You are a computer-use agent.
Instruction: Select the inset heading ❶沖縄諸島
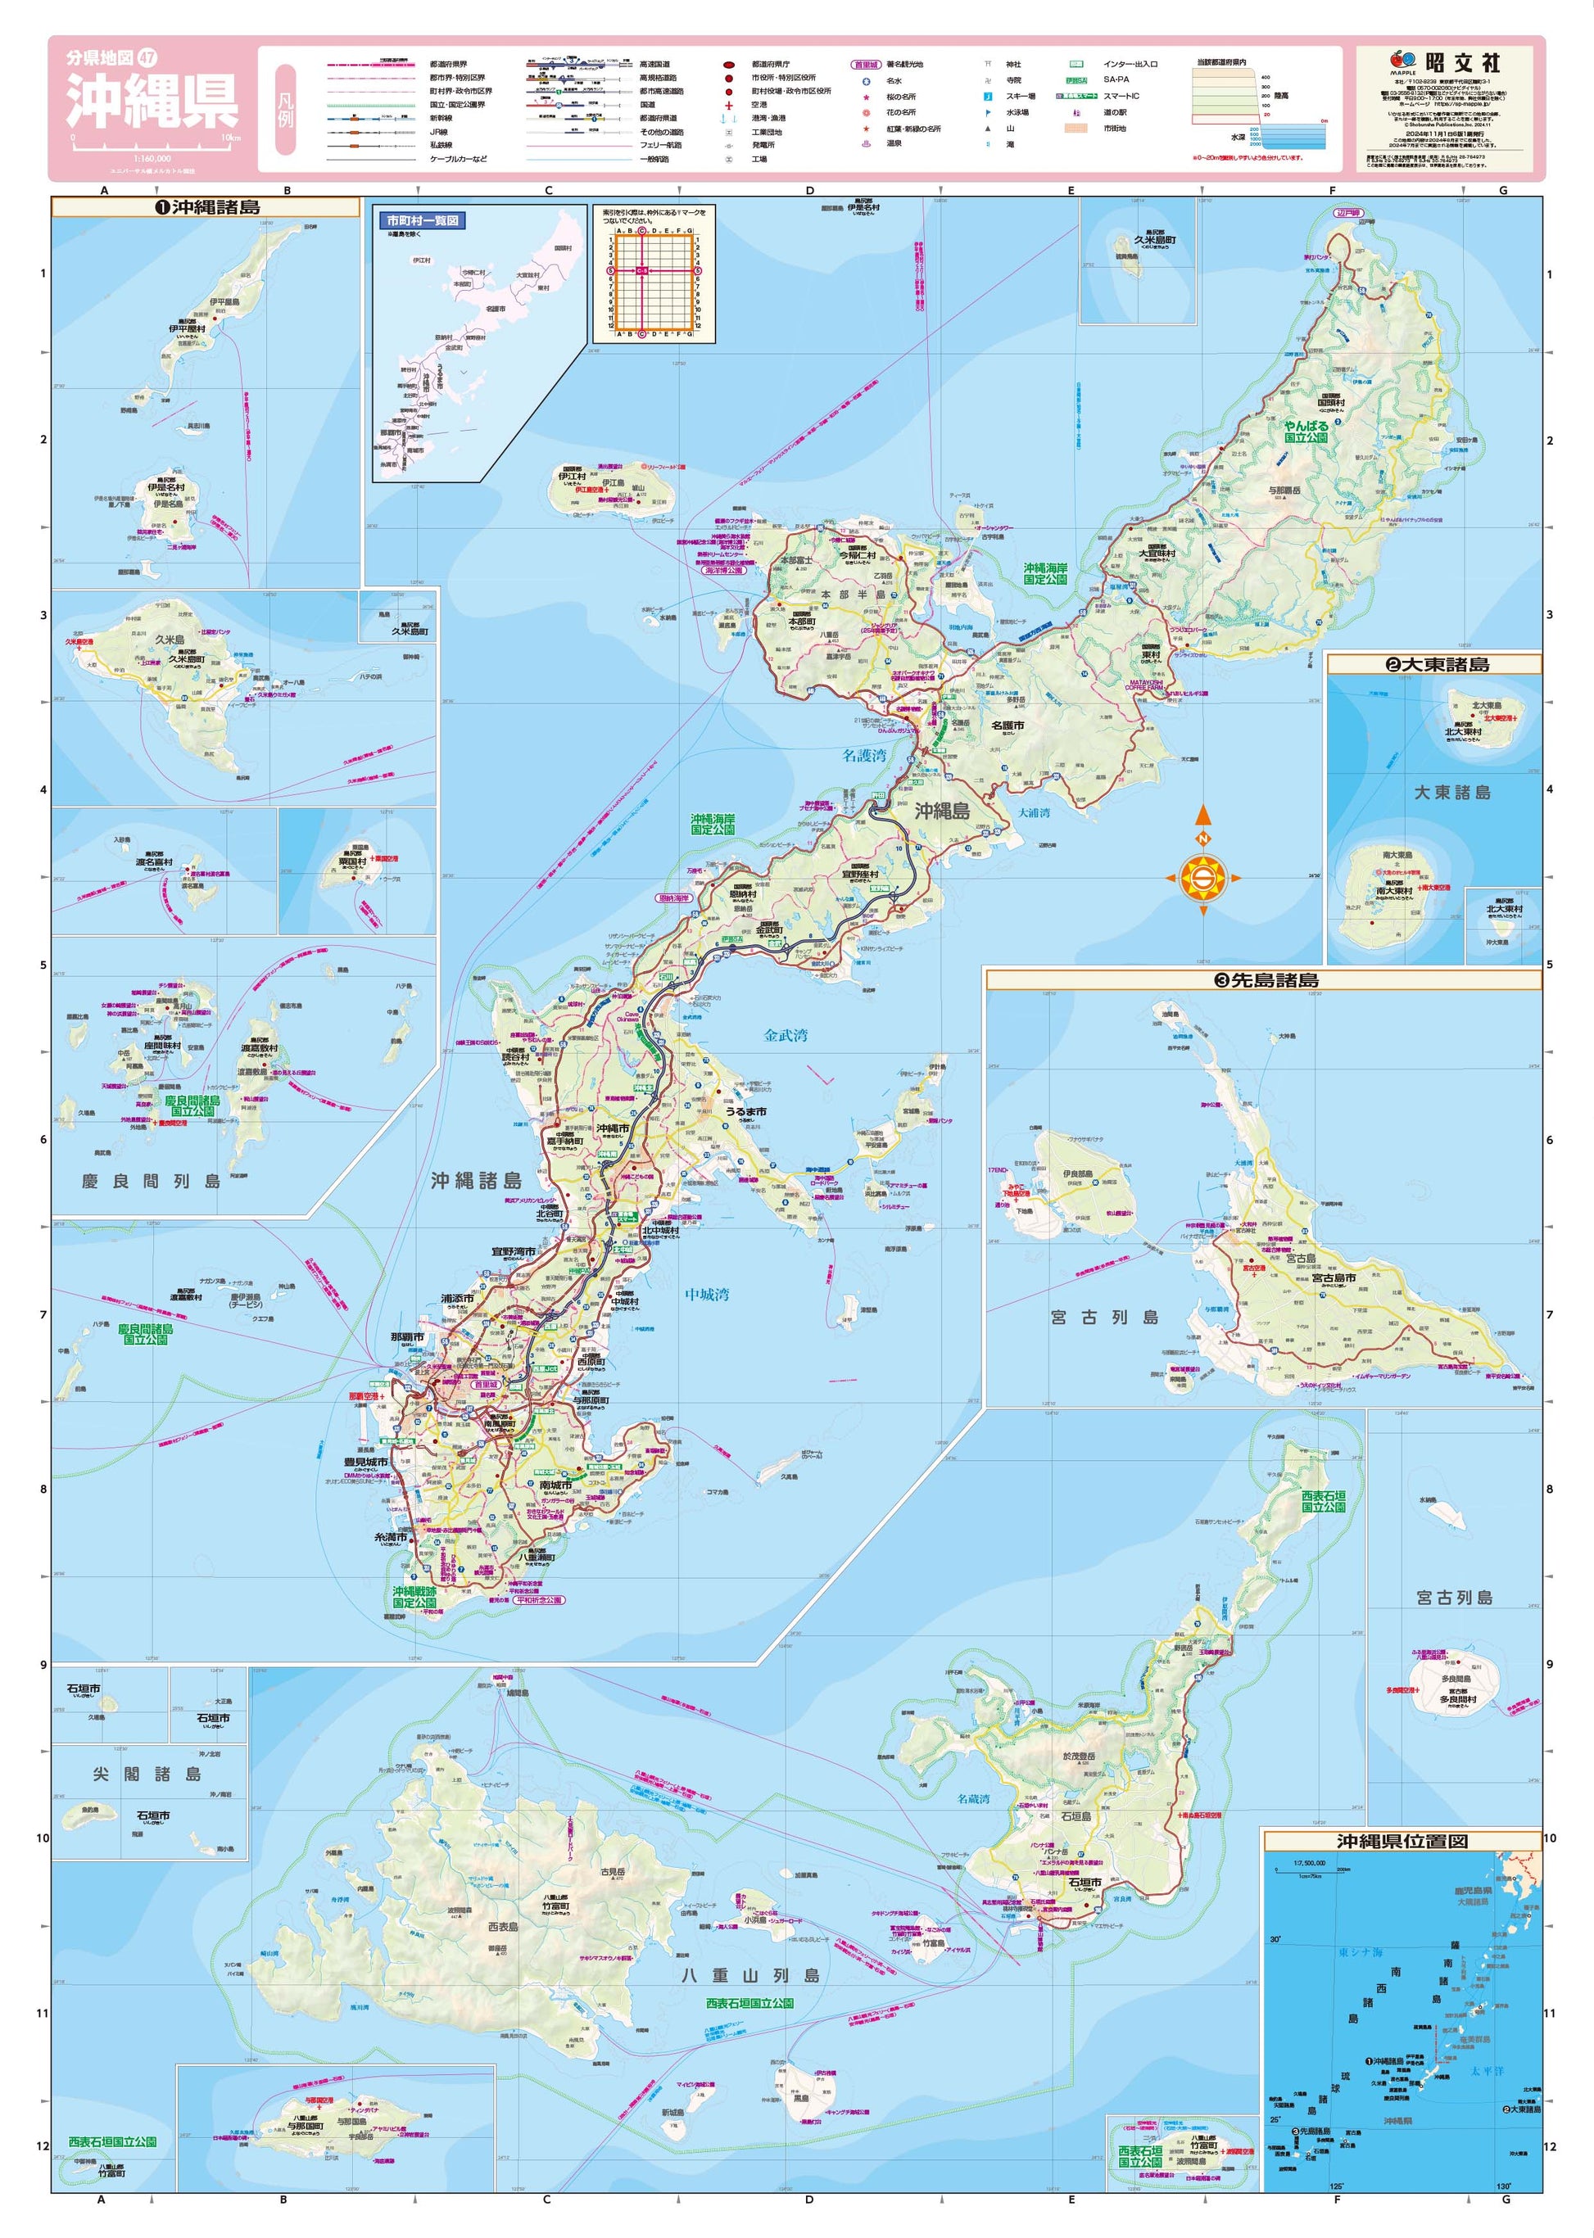207,207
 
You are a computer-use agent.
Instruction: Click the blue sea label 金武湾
786,1035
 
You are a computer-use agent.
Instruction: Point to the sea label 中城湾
707,1294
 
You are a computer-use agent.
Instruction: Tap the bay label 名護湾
863,756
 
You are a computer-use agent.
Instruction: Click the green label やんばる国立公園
1306,432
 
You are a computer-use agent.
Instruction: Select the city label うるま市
746,1112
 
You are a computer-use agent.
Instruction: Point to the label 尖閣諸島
147,1774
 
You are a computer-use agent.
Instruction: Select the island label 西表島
503,1927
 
